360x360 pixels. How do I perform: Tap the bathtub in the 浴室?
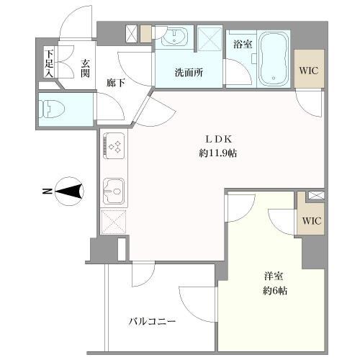coord(274,59)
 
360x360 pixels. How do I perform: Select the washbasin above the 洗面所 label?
coord(174,37)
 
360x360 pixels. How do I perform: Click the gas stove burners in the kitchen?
coord(114,145)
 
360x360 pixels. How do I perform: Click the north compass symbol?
coord(69,192)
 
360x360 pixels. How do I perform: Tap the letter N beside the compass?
coord(48,192)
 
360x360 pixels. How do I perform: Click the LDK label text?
coord(218,139)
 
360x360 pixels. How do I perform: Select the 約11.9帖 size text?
coord(217,153)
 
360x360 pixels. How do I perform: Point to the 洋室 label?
coord(274,276)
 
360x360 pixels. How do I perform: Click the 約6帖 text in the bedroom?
coord(275,291)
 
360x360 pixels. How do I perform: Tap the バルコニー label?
coord(152,321)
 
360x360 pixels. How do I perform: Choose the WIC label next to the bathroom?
coord(309,71)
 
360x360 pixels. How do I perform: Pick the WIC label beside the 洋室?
coord(312,220)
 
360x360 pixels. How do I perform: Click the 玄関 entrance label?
coord(85,68)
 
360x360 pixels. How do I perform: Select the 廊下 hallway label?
coord(116,84)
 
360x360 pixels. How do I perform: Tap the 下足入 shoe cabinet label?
coord(49,63)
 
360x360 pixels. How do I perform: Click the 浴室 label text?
coord(243,44)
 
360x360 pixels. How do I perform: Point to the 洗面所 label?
coord(189,73)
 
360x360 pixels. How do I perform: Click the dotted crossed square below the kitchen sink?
coord(114,222)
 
